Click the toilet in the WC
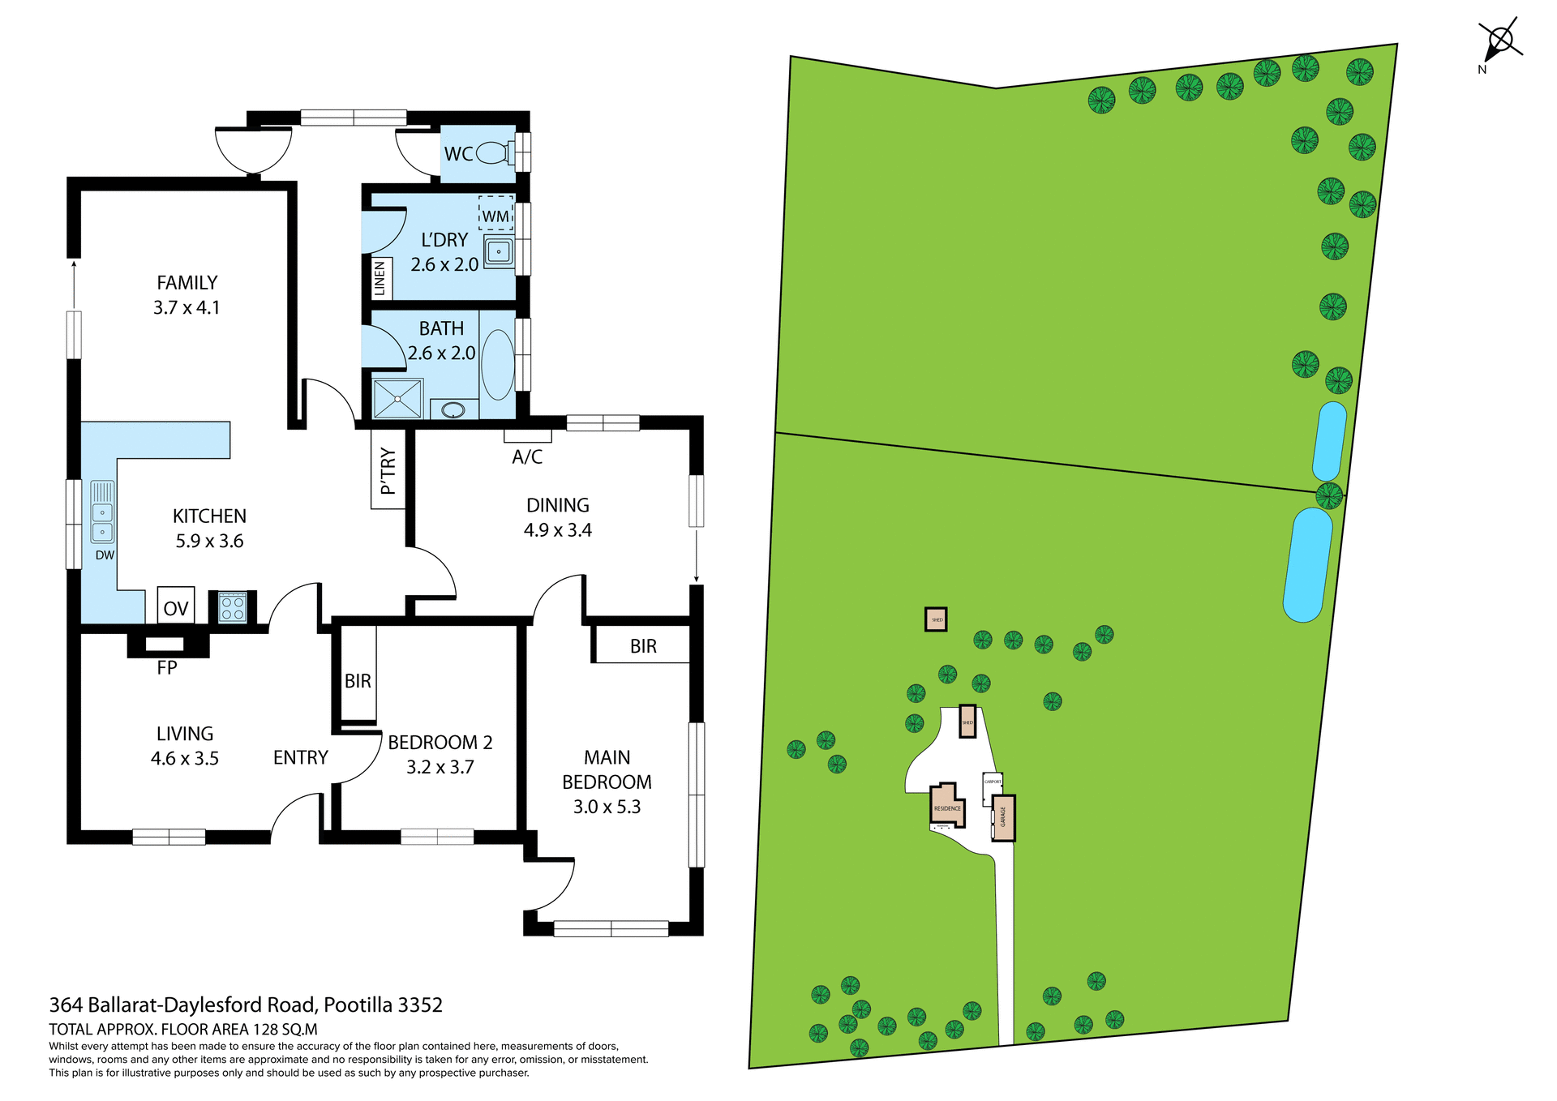492,152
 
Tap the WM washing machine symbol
495,214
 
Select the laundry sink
499,251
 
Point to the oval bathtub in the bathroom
498,364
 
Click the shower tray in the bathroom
397,399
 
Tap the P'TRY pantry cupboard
388,470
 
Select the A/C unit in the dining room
528,436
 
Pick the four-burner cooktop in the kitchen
233,607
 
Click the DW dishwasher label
105,555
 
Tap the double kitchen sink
102,512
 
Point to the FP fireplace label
167,667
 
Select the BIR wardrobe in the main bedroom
642,645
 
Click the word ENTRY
301,757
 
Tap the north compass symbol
1499,41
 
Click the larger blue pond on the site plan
1307,564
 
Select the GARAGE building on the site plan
1004,817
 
